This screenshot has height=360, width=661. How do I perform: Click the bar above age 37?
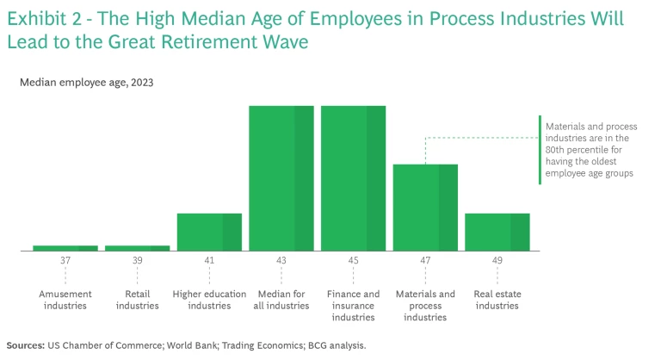(x=65, y=248)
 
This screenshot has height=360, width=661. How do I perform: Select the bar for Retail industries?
(x=137, y=248)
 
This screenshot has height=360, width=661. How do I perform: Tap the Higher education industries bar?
(x=209, y=232)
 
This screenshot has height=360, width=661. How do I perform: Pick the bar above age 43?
(x=281, y=178)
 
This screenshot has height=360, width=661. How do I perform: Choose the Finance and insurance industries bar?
(x=353, y=178)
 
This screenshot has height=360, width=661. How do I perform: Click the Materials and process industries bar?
(x=425, y=208)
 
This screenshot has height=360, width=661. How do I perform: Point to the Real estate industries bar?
(x=497, y=232)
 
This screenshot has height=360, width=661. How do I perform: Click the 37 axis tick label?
(x=65, y=260)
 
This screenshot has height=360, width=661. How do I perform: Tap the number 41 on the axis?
(x=209, y=260)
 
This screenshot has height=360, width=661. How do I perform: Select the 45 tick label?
(x=353, y=260)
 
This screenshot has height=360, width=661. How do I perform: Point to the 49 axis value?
(x=497, y=260)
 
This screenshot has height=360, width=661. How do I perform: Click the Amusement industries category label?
(x=65, y=300)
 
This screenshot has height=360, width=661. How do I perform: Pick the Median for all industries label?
(x=281, y=300)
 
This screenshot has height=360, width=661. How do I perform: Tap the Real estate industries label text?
(x=497, y=300)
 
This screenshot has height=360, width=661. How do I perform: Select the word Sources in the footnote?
(x=25, y=345)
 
